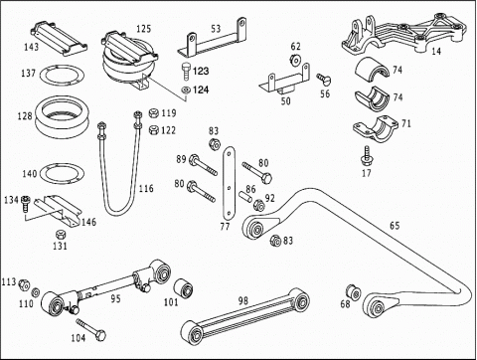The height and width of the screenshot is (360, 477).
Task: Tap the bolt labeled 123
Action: [x=186, y=71]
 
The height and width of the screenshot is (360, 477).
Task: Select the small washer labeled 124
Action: [x=186, y=90]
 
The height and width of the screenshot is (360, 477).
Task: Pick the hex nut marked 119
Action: [x=153, y=113]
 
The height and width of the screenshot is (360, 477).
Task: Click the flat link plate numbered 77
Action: [x=229, y=183]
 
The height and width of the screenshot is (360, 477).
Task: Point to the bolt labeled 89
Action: [x=203, y=165]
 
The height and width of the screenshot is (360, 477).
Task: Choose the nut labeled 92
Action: [x=258, y=205]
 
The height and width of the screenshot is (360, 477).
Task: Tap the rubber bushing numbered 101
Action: [x=184, y=288]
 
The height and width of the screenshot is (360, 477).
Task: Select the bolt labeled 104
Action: [x=90, y=329]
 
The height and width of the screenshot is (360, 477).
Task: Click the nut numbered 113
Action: [x=24, y=283]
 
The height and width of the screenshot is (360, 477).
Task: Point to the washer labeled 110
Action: [x=36, y=292]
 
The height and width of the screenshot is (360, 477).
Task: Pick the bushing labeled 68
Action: [x=354, y=292]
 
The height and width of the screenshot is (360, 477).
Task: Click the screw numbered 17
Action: [x=366, y=156]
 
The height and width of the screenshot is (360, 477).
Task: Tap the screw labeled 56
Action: [x=323, y=79]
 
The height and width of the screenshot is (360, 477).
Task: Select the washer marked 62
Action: [x=294, y=60]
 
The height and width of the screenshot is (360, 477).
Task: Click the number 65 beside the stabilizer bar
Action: [x=395, y=226]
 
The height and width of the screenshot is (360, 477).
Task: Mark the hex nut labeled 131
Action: [x=61, y=235]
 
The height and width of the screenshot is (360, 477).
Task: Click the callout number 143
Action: [x=32, y=47]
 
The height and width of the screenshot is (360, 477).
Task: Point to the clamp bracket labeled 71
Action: [x=376, y=128]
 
